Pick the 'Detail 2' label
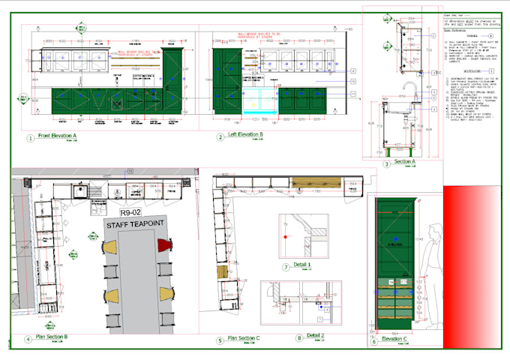coord(315,335)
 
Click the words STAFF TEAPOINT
coord(136,224)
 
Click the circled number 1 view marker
coord(31,138)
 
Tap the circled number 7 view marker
coord(286,267)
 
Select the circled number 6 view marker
coord(373,340)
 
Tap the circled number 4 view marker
coord(28,339)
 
